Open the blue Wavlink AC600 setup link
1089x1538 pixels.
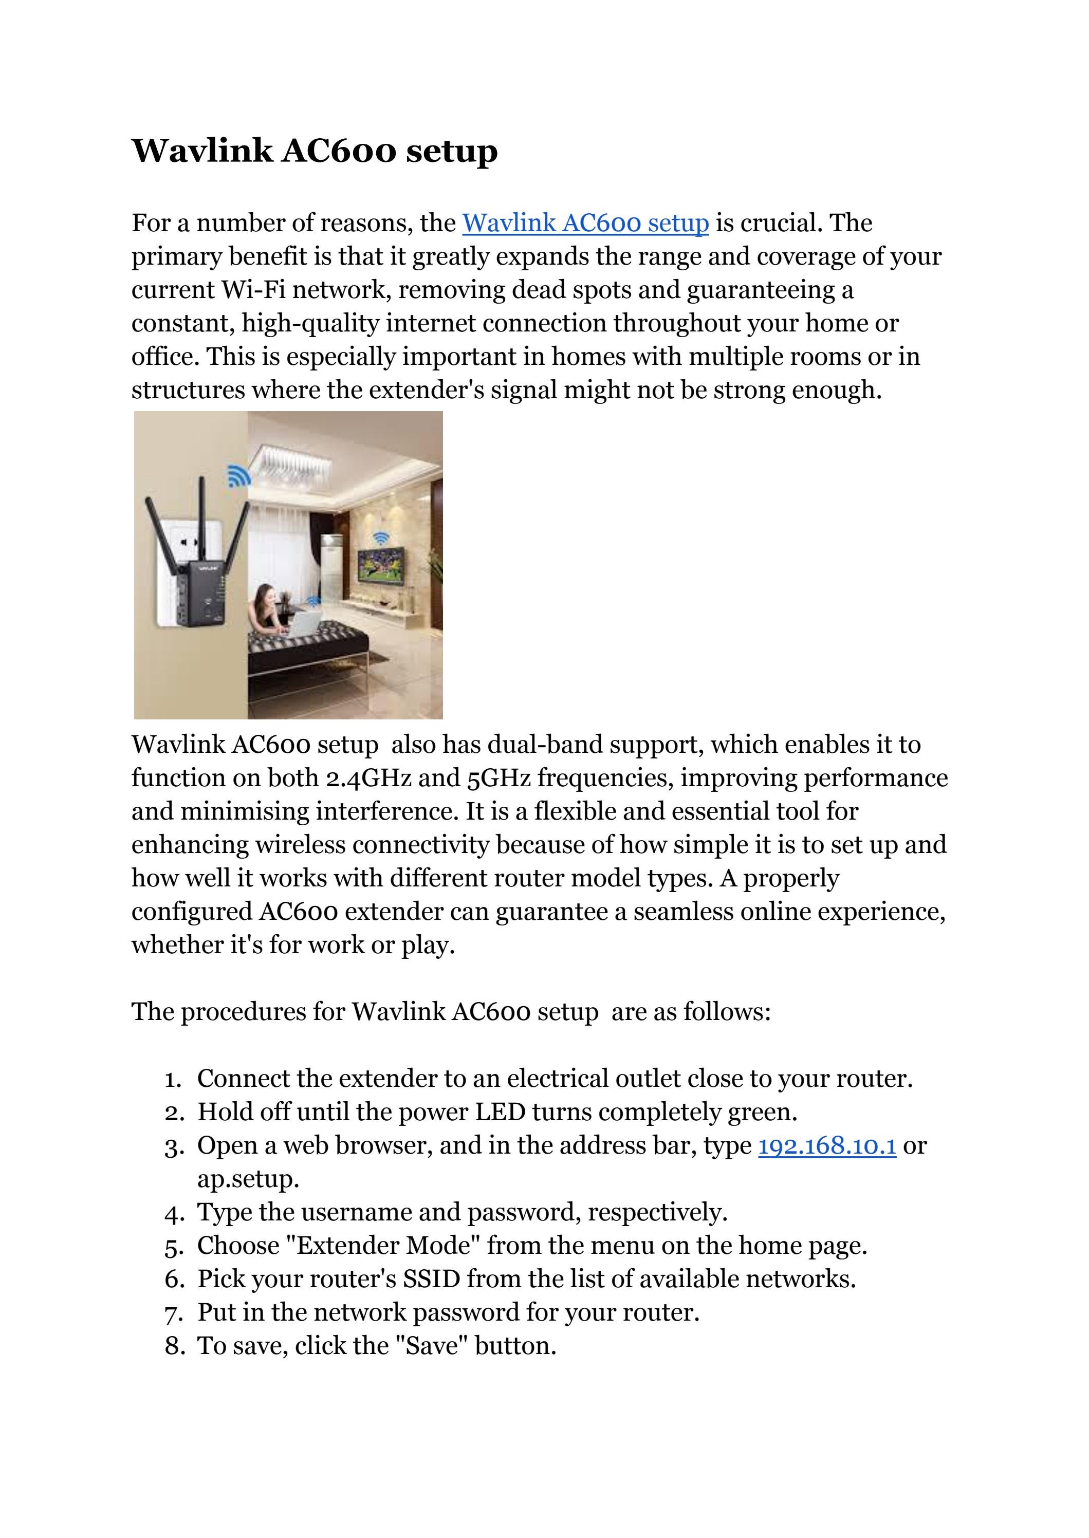[585, 223]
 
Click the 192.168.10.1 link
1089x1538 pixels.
[827, 1146]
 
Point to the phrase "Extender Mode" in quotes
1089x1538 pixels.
[382, 1246]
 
